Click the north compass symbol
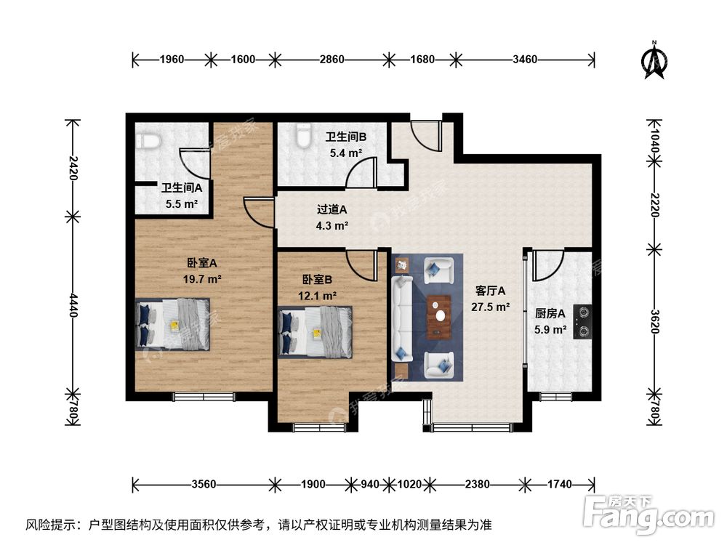pyautogui.click(x=654, y=60)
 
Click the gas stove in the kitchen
pyautogui.click(x=582, y=322)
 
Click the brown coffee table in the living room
pyautogui.click(x=439, y=318)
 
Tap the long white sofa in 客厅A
pyautogui.click(x=401, y=318)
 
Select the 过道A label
pyautogui.click(x=332, y=209)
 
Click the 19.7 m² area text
pyautogui.click(x=203, y=278)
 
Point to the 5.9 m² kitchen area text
pyautogui.click(x=550, y=330)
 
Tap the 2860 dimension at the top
pyautogui.click(x=332, y=60)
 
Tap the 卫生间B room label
pyautogui.click(x=345, y=137)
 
